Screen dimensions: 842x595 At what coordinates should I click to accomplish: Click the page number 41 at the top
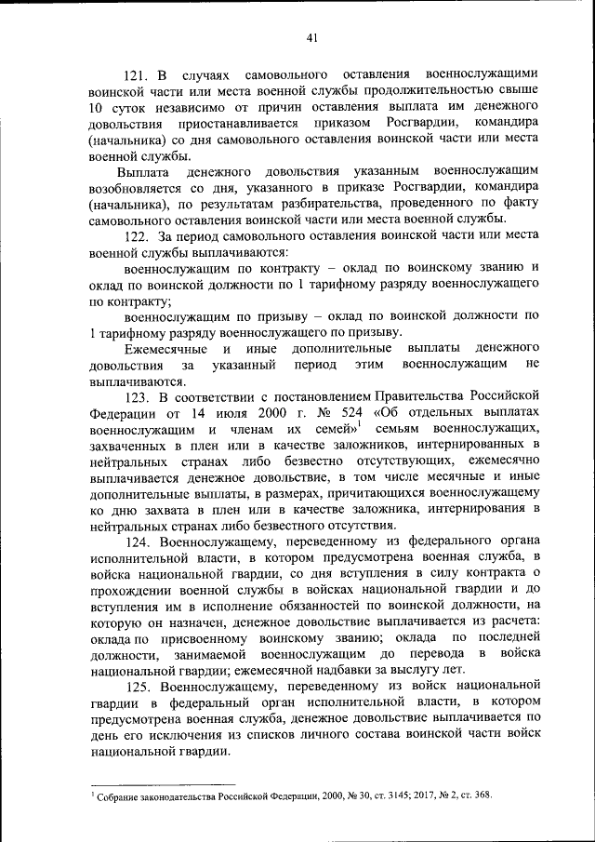click(311, 38)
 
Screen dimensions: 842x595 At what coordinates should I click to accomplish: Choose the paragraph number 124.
click(137, 541)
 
